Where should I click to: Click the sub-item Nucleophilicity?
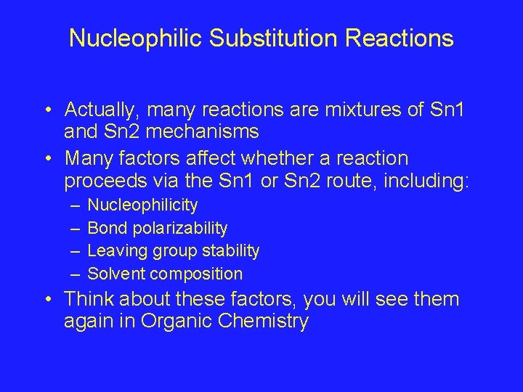(x=142, y=206)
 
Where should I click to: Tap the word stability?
(x=231, y=251)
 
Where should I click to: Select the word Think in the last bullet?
(x=89, y=299)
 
